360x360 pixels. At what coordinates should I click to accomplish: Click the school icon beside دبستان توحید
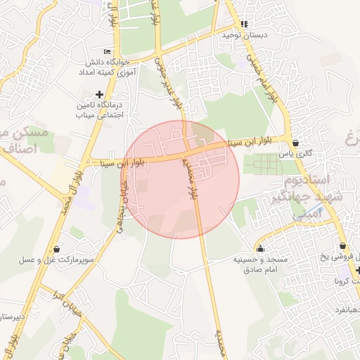point(244,23)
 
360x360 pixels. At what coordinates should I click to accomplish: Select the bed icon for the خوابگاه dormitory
point(107,51)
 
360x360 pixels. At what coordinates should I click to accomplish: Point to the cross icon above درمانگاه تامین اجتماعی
point(99,94)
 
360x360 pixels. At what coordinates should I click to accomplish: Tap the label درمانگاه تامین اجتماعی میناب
point(98,110)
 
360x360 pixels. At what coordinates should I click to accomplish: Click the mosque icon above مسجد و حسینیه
point(261,248)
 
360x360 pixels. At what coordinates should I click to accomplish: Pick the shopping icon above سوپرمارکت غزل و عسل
point(57,249)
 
